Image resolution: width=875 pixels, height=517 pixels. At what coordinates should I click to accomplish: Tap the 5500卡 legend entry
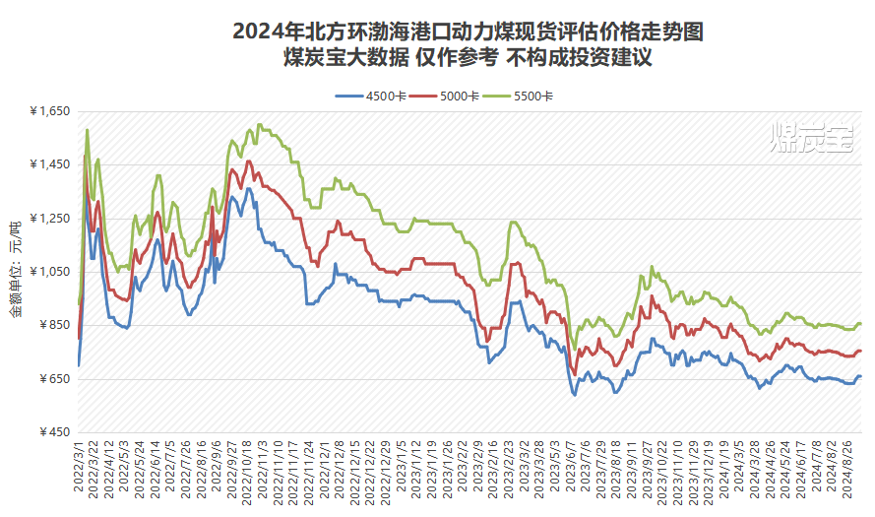tap(528, 96)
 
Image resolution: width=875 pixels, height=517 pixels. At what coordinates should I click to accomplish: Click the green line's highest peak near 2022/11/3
tap(259, 124)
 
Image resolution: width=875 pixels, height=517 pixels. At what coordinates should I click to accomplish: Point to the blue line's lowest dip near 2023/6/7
tap(575, 395)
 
